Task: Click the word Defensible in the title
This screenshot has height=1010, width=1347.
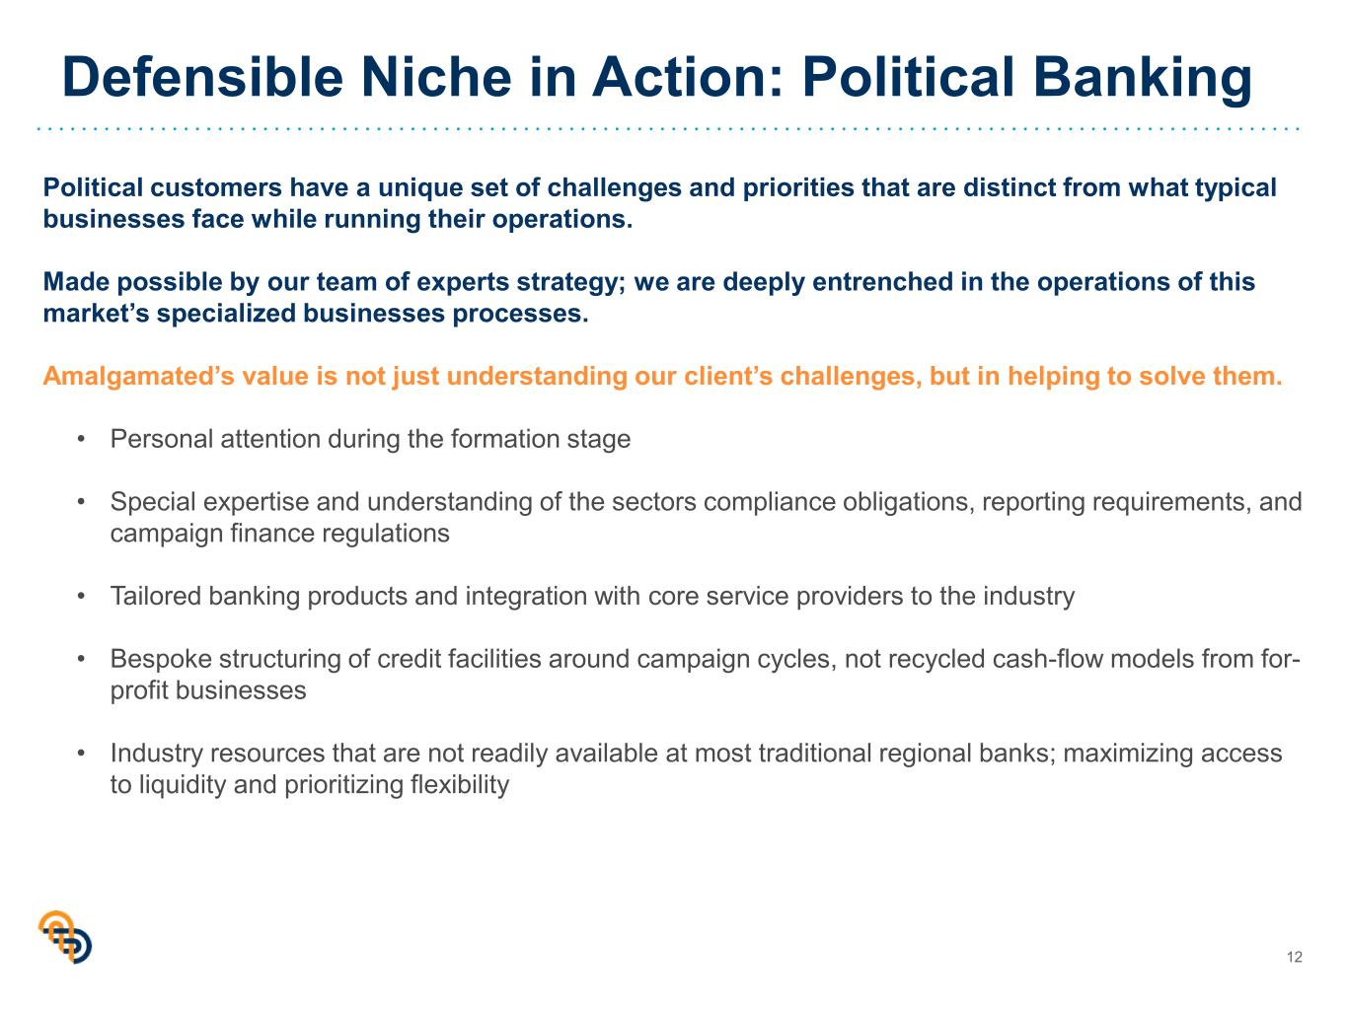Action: coord(202,77)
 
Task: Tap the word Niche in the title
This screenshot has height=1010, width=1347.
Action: coord(436,77)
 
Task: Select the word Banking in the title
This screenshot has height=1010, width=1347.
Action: coord(1143,79)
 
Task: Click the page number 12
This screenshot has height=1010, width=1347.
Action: coord(1295,958)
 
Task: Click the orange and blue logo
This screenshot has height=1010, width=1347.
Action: coord(65,937)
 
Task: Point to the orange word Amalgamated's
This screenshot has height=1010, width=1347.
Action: coord(139,377)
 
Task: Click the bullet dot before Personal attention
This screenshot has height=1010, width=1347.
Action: coord(81,440)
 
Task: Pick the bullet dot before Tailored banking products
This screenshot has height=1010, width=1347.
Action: coord(81,597)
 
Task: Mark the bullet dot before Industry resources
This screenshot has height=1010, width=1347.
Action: coord(81,754)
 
